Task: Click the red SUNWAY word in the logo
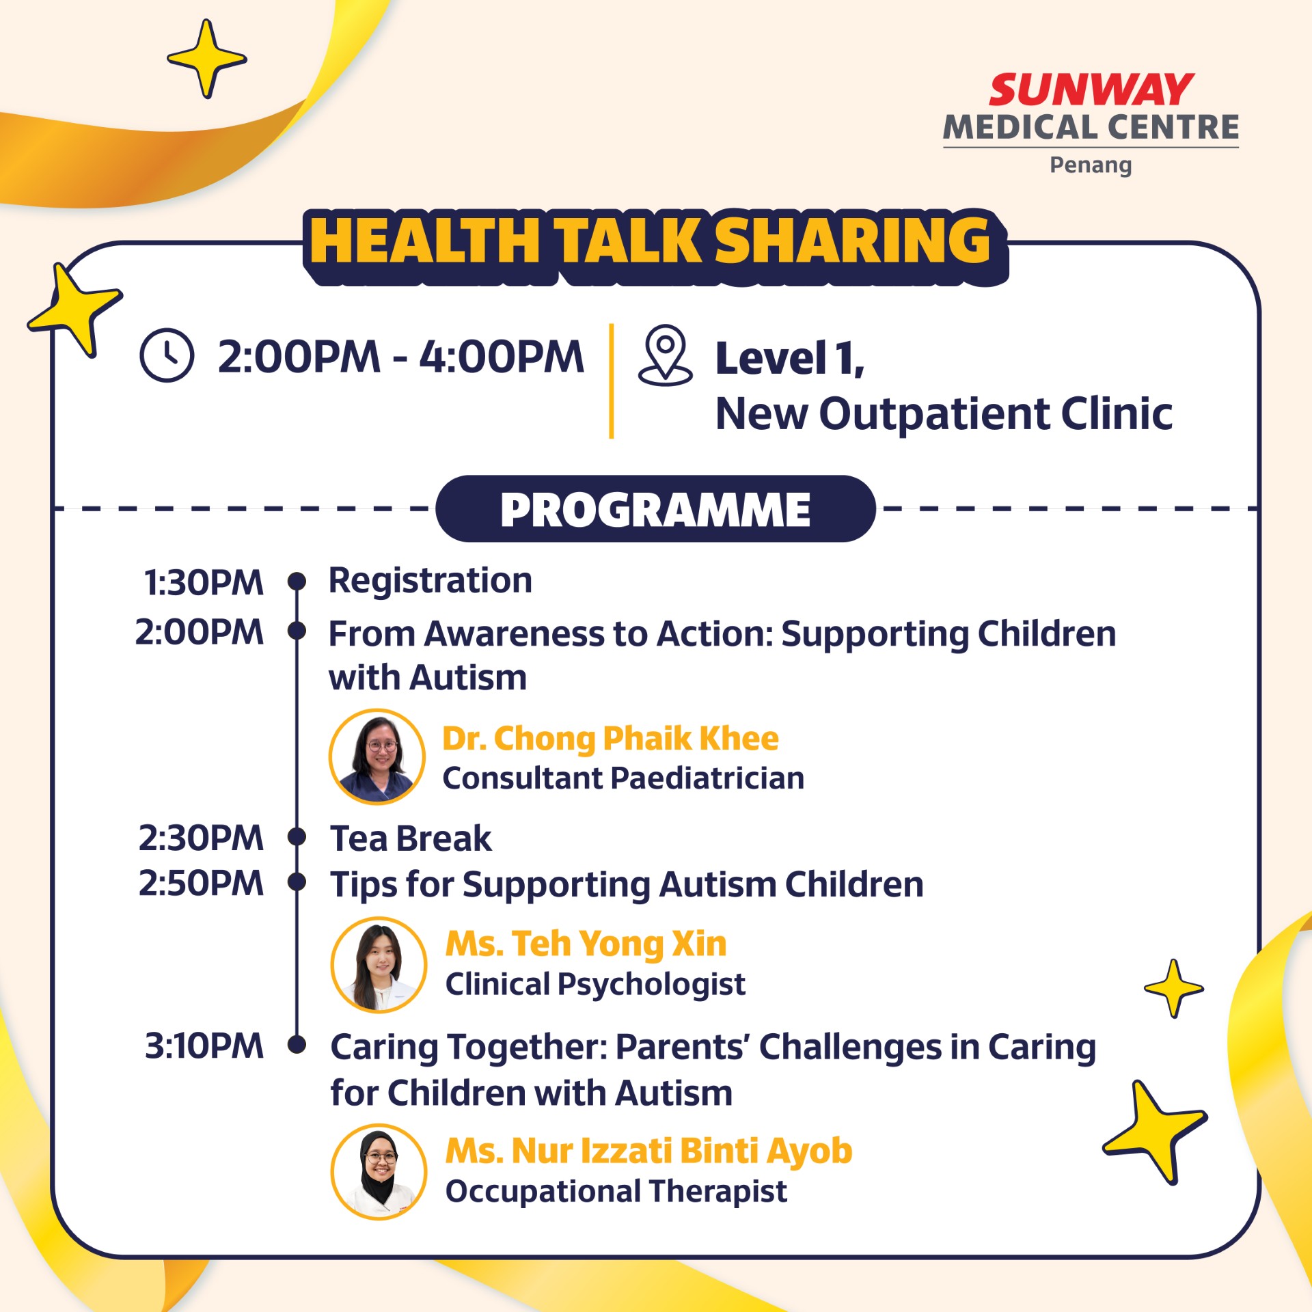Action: (1091, 90)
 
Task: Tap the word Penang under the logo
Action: (1091, 165)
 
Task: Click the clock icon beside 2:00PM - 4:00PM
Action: (167, 355)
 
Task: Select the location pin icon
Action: (665, 355)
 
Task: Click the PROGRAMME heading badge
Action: (655, 509)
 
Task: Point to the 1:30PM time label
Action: (204, 583)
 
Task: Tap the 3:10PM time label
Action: (204, 1046)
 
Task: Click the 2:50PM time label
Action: (201, 883)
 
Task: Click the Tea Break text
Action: (411, 838)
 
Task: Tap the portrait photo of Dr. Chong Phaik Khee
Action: (377, 756)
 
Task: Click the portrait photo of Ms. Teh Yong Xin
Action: (379, 964)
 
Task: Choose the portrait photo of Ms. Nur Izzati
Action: (379, 1172)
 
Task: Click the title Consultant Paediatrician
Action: (623, 778)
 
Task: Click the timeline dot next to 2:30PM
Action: (297, 836)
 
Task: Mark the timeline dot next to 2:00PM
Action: (297, 630)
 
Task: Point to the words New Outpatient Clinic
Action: (944, 414)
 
